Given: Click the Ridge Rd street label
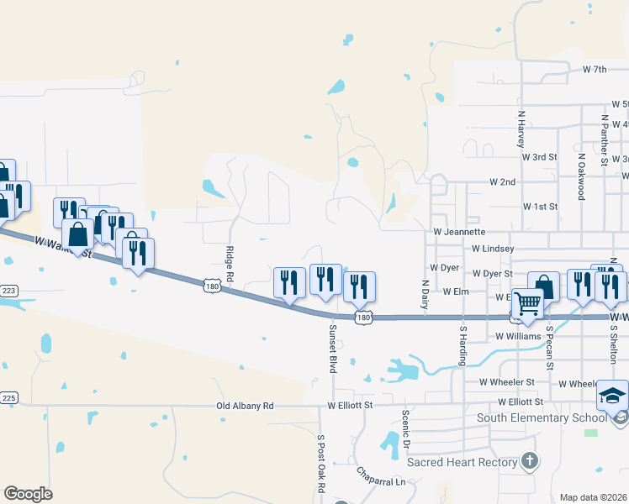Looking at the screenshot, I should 229,264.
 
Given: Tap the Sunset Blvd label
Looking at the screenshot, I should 333,348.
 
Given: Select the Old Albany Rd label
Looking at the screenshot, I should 245,406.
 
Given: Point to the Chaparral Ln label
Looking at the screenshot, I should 380,476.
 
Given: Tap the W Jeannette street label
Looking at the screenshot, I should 459,231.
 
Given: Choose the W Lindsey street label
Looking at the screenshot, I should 493,249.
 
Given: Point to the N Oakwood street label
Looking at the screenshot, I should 580,176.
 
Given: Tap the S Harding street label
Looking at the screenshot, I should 462,346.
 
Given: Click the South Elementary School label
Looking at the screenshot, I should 542,417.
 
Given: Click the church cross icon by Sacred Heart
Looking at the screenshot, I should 529,459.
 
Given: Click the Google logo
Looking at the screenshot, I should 29,493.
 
